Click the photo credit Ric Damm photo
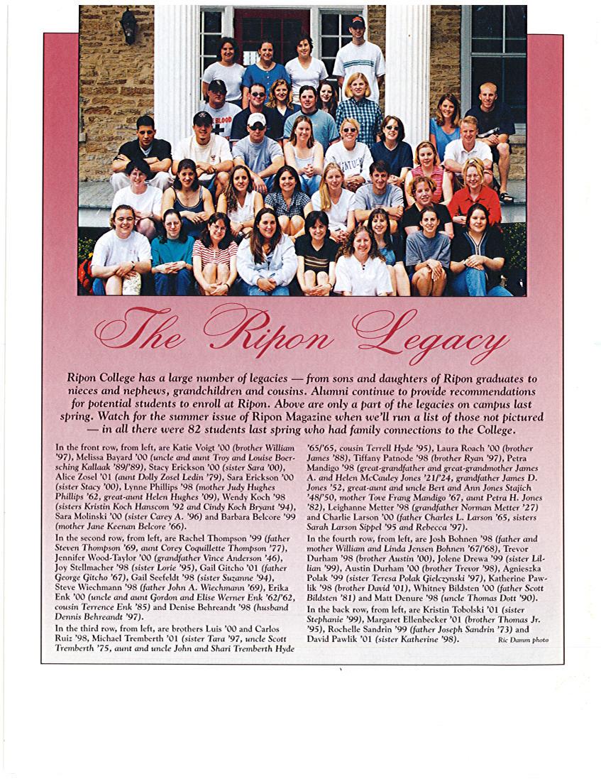click(523, 640)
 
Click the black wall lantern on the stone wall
click(128, 26)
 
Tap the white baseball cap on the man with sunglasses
click(257, 119)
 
